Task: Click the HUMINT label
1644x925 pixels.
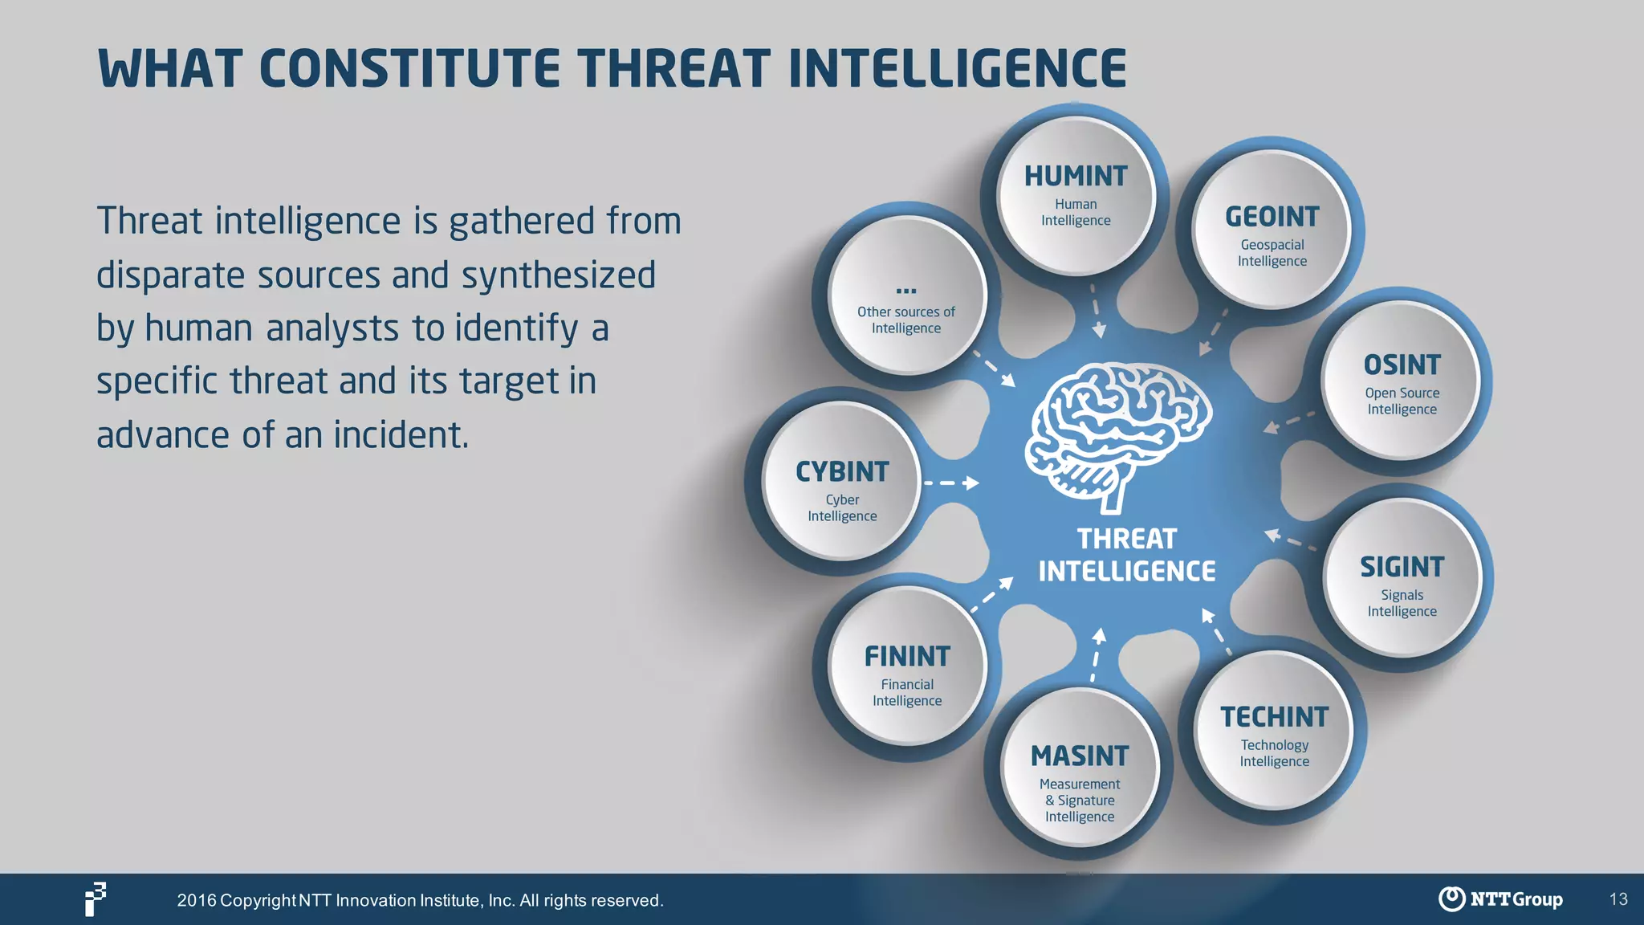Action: tap(1075, 176)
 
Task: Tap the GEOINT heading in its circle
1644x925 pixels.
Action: tap(1272, 217)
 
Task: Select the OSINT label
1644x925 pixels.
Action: tap(1402, 365)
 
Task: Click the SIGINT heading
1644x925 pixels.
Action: tap(1402, 568)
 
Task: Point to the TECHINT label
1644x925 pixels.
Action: tap(1274, 717)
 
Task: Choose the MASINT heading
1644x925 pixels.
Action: tap(1079, 756)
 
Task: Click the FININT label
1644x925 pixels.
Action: tap(906, 657)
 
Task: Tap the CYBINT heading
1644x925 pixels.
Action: tap(842, 472)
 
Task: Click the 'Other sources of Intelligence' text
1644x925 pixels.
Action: tap(905, 320)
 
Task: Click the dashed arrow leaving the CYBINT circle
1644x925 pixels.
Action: tap(950, 483)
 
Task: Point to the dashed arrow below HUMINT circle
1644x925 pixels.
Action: tap(1096, 311)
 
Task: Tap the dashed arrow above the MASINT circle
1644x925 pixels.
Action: tap(1097, 654)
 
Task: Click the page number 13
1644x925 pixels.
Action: tap(1618, 899)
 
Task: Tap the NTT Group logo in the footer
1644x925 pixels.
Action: tap(1500, 899)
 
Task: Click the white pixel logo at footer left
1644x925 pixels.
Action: tap(96, 899)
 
